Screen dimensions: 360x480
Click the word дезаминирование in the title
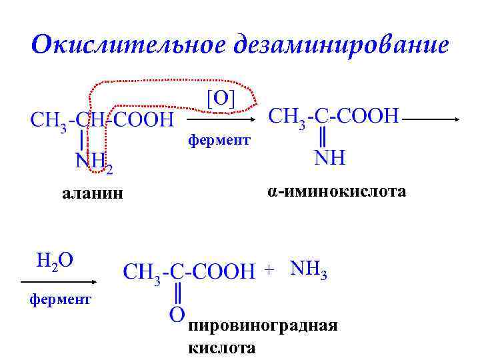click(341, 45)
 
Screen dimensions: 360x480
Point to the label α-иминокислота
click(337, 192)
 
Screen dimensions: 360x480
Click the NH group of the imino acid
click(329, 158)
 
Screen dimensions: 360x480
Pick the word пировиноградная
click(263, 326)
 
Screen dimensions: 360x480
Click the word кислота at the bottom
click(221, 347)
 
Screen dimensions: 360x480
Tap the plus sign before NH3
click(269, 270)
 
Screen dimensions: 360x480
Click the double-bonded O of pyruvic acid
click(177, 313)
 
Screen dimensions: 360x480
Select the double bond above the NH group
click(323, 137)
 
